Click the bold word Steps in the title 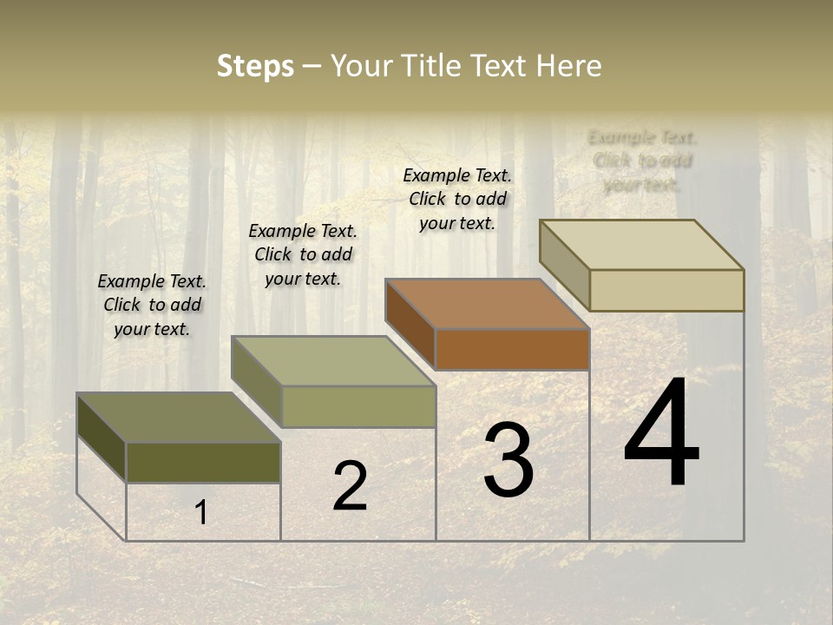click(x=255, y=67)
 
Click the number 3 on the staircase click(x=508, y=461)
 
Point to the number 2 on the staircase click(x=350, y=486)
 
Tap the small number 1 click(x=201, y=513)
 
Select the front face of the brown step click(x=512, y=349)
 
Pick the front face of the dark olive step click(x=203, y=463)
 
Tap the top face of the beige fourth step click(x=642, y=245)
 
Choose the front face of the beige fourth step click(x=666, y=290)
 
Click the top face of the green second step click(x=333, y=361)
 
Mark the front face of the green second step click(x=358, y=406)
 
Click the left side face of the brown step click(x=410, y=324)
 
